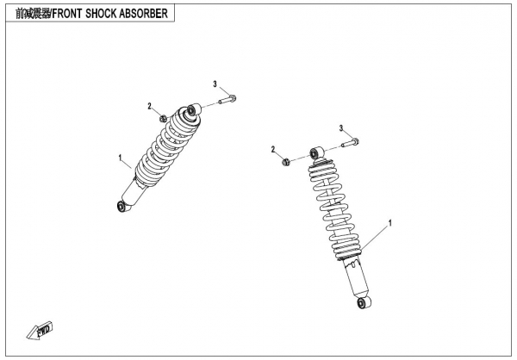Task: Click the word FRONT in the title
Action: [66, 14]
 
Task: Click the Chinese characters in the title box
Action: [33, 14]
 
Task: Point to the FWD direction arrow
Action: [40, 330]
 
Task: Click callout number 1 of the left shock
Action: [121, 158]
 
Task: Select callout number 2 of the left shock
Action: [150, 106]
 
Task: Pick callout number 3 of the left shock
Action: [215, 84]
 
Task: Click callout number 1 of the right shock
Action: [390, 223]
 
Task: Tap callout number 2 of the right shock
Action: [273, 150]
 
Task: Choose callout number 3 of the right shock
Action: [341, 128]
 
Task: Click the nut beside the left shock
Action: [163, 118]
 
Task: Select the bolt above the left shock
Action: [227, 99]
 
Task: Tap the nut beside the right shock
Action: [286, 162]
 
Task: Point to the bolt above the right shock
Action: [350, 143]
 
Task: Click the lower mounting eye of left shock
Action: [122, 207]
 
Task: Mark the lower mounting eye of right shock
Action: [363, 302]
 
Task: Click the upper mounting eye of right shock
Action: [316, 152]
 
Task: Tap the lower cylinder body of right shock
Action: [357, 277]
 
